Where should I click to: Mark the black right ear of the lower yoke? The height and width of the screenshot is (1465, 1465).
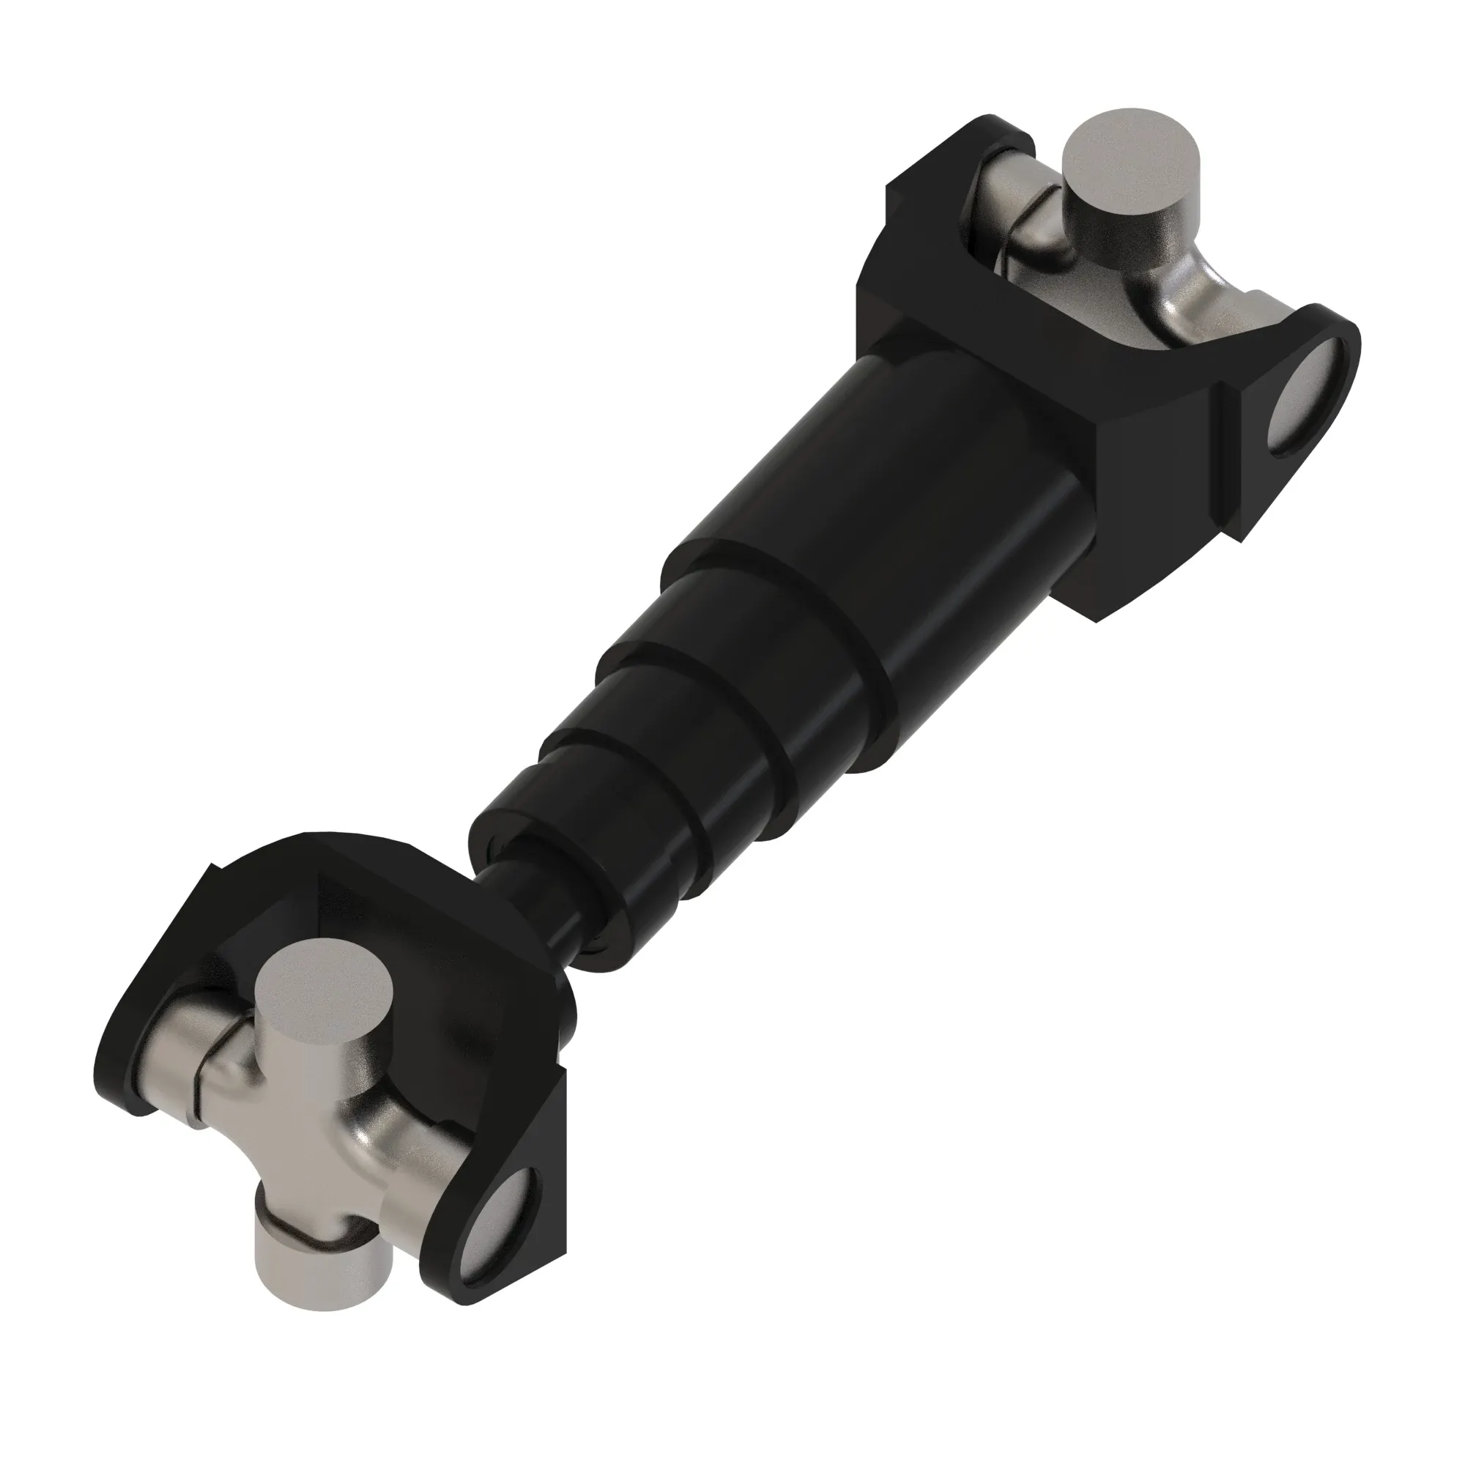click(523, 1183)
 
